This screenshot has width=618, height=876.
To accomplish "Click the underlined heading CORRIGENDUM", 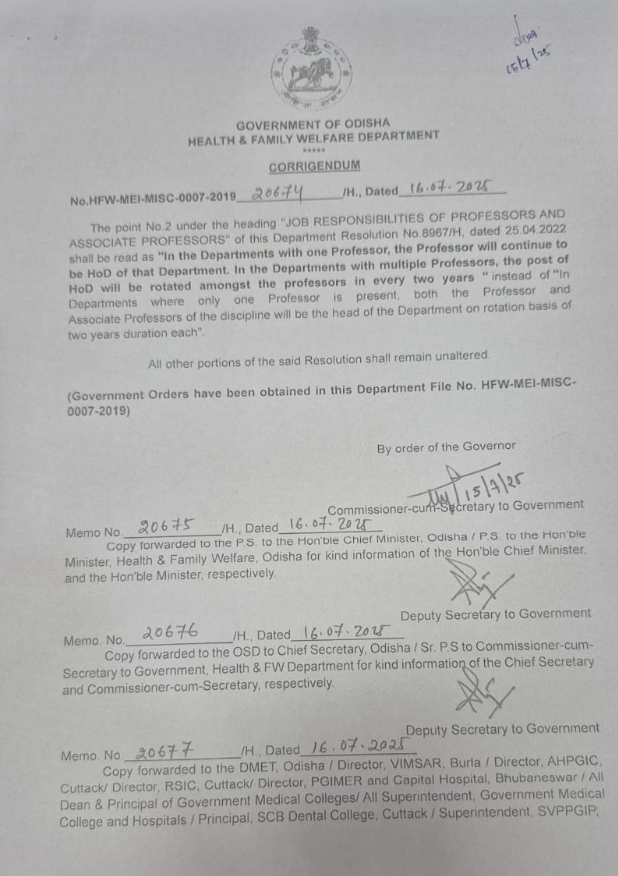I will click(x=314, y=166).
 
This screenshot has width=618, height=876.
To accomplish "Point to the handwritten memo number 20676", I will click(x=172, y=633).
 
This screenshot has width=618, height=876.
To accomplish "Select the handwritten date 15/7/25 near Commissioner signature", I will click(x=501, y=484).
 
